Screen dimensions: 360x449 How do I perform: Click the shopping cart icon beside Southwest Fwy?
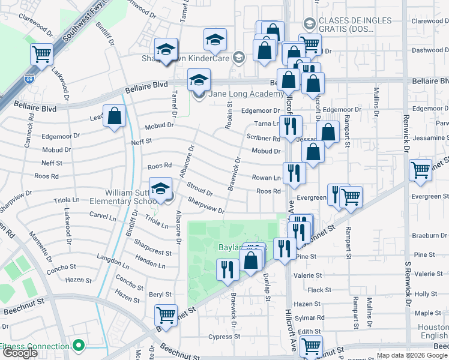42,55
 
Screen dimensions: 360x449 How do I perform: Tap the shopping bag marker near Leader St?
114,116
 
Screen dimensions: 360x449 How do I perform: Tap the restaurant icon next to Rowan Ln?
294,173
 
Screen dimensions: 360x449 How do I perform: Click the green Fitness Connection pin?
77,346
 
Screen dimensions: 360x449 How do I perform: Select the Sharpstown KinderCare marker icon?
239,58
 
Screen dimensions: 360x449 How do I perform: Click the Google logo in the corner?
20,353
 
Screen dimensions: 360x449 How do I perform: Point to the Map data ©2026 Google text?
412,355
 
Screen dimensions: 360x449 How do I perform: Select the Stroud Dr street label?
199,189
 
